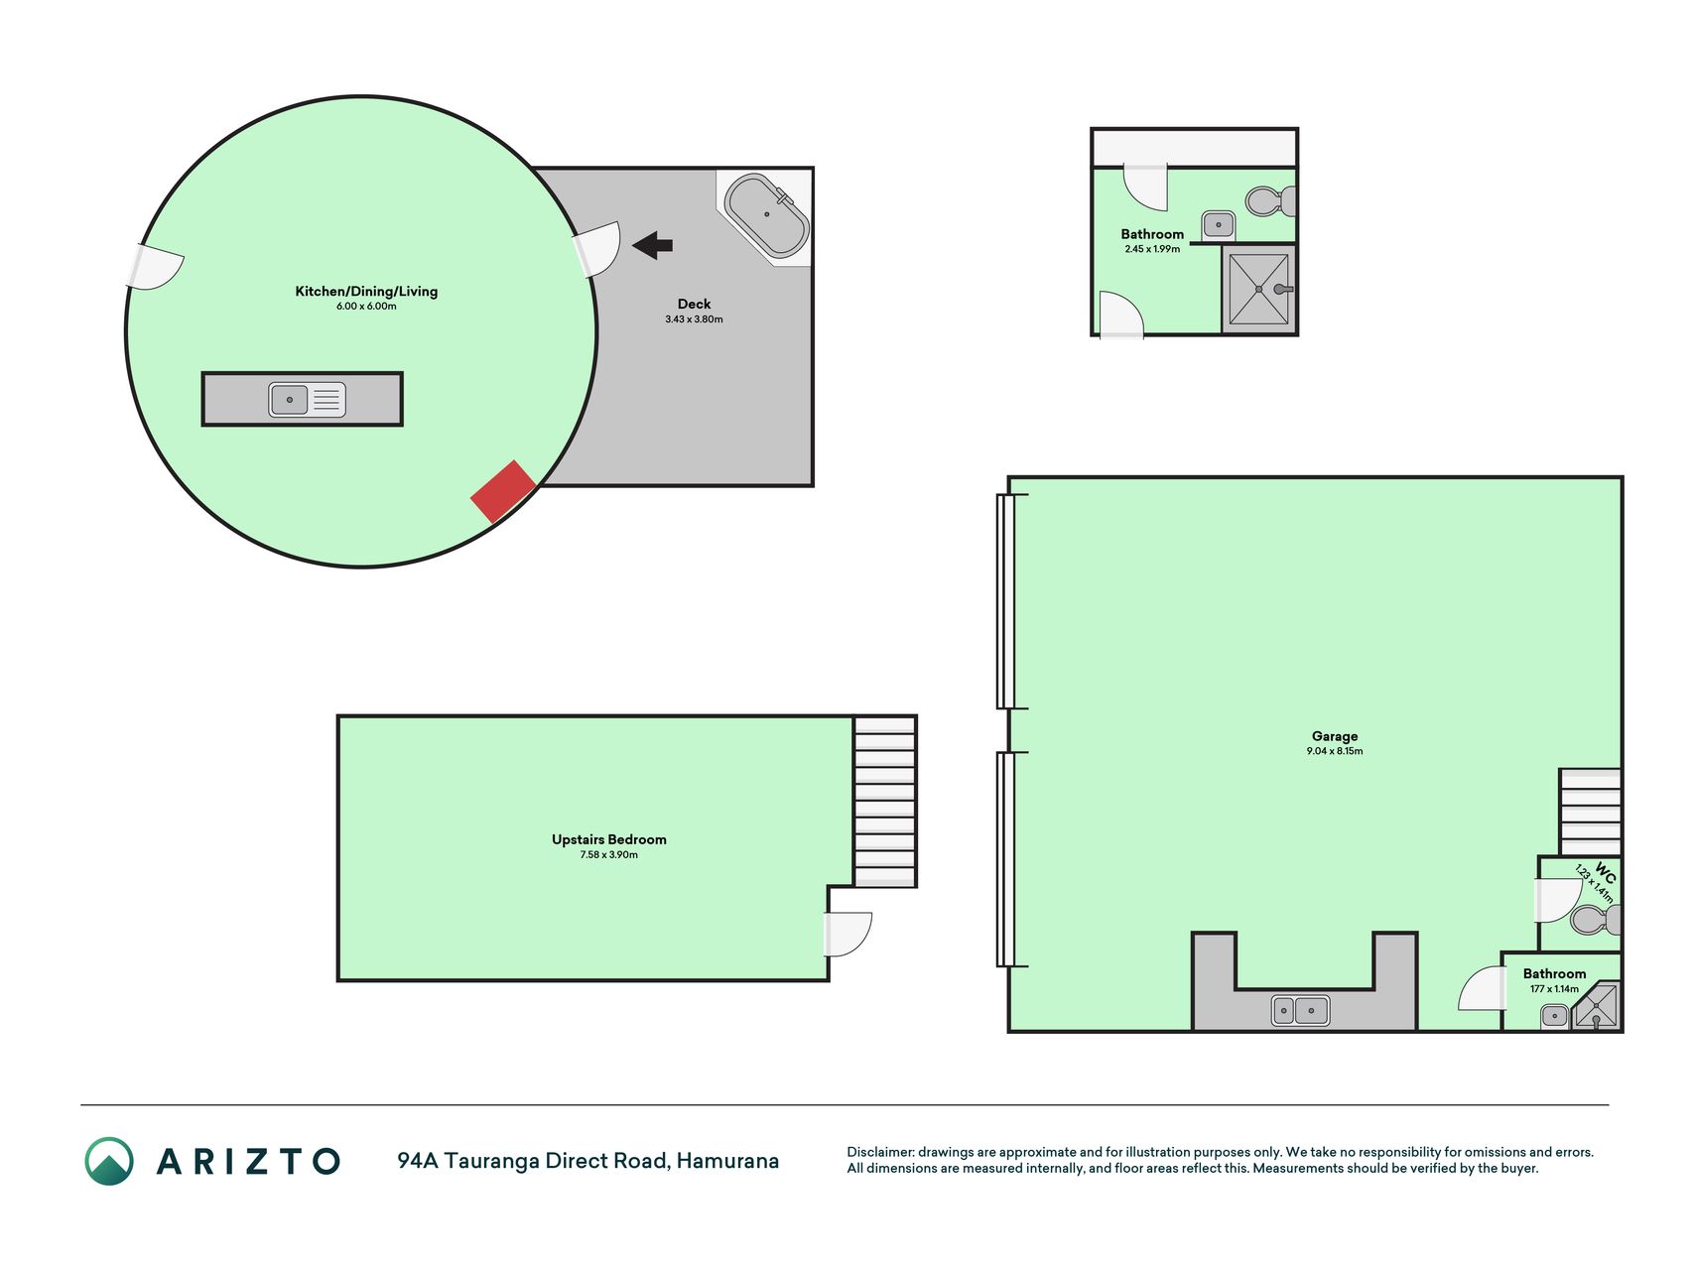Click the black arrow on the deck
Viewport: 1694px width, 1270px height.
pyautogui.click(x=652, y=245)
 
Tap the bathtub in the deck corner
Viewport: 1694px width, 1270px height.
pyautogui.click(x=766, y=216)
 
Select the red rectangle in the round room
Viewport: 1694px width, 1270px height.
pyautogui.click(x=503, y=491)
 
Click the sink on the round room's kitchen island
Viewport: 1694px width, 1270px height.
pyautogui.click(x=307, y=400)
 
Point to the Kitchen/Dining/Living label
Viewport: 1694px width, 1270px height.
pyautogui.click(x=366, y=291)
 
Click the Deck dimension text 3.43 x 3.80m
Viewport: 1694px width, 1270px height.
pyautogui.click(x=694, y=319)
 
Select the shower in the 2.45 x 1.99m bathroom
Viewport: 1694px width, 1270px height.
pyautogui.click(x=1259, y=289)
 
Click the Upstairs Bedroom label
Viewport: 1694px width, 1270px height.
pyautogui.click(x=609, y=839)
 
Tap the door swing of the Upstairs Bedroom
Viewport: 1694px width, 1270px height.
pyautogui.click(x=848, y=935)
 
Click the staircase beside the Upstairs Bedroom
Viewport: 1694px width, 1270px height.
pyautogui.click(x=884, y=802)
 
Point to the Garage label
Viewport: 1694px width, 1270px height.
pyautogui.click(x=1335, y=736)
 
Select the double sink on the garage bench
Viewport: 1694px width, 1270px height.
pyautogui.click(x=1300, y=1011)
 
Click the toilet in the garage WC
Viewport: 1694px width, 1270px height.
pyautogui.click(x=1596, y=920)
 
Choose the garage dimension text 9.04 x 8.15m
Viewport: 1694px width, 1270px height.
pyautogui.click(x=1335, y=751)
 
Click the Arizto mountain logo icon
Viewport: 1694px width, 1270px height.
pyautogui.click(x=109, y=1161)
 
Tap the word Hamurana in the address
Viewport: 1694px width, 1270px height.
pyautogui.click(x=727, y=1161)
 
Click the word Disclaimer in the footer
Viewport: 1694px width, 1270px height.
pyautogui.click(x=879, y=1152)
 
